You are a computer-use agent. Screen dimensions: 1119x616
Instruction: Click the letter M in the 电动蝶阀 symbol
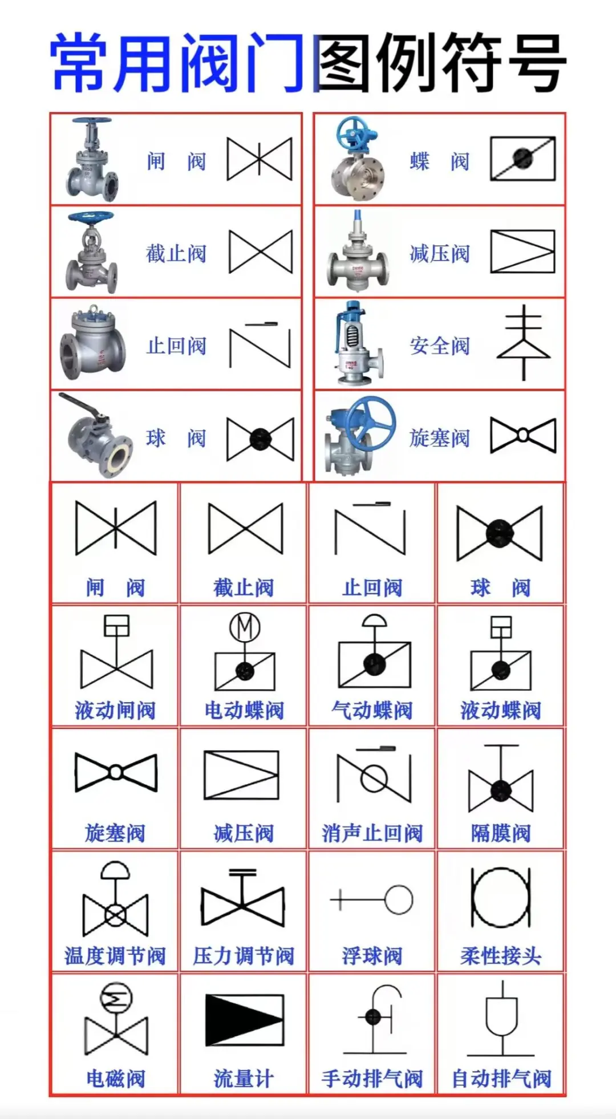[x=245, y=627]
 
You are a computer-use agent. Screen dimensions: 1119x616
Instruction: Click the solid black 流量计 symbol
[x=244, y=1020]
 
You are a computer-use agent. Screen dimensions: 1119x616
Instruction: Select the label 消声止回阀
[x=372, y=833]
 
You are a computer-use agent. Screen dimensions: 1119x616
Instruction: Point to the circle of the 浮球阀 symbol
[x=399, y=899]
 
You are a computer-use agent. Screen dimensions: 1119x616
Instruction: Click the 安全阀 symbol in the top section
[x=524, y=342]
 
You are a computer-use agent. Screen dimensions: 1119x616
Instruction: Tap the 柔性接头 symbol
[x=501, y=897]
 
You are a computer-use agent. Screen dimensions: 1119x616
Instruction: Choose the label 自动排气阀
[x=501, y=1079]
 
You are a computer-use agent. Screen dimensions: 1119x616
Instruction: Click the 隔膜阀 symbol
[x=501, y=779]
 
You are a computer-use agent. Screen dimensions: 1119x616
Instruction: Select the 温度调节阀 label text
[x=115, y=956]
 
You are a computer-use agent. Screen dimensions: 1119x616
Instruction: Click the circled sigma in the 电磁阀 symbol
[x=116, y=999]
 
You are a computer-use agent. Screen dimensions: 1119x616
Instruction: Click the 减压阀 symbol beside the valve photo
[x=522, y=252]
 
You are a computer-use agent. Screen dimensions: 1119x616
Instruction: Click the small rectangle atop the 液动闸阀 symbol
[x=116, y=625]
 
